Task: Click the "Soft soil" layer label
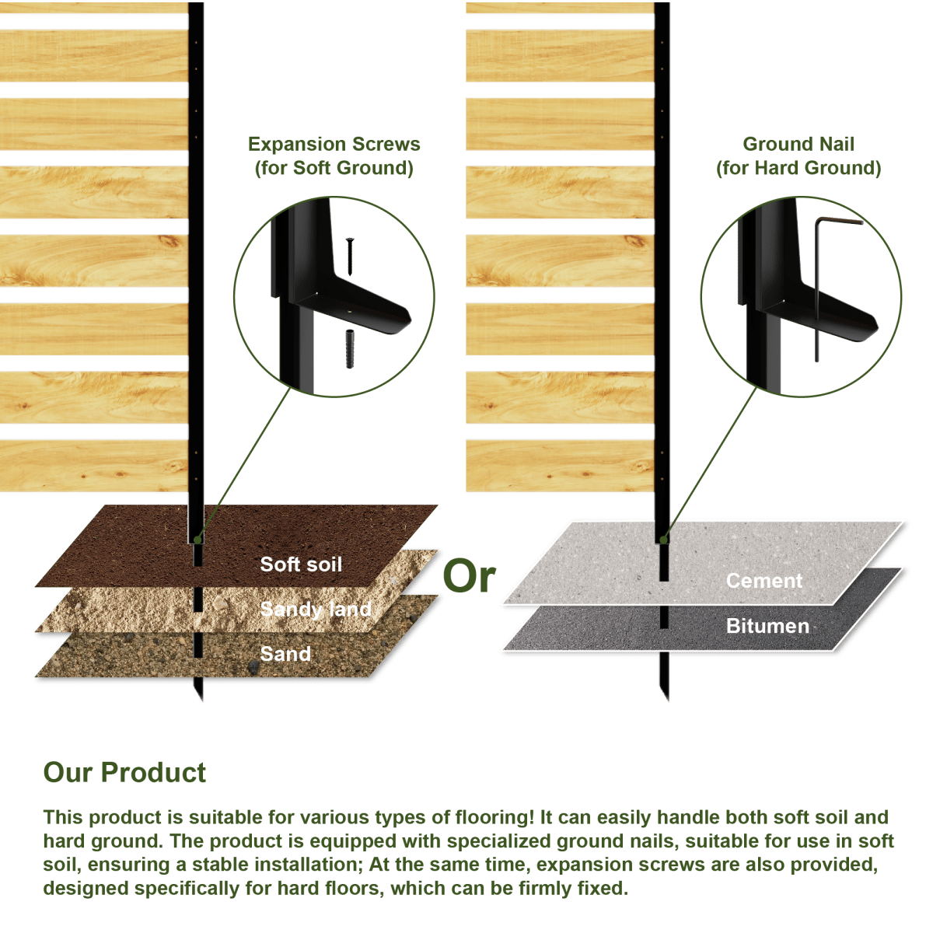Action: point(301,564)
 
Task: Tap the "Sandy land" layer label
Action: point(316,609)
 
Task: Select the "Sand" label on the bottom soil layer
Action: point(285,654)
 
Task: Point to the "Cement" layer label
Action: point(764,581)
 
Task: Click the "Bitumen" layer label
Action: point(768,627)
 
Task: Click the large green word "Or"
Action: point(469,576)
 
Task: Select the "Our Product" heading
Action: point(125,772)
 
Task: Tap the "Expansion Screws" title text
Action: point(334,145)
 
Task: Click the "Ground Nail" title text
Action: point(798,144)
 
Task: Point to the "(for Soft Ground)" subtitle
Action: point(334,168)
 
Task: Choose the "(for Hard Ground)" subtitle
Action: point(799,168)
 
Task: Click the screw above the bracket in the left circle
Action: point(350,257)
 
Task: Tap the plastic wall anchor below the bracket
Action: point(350,349)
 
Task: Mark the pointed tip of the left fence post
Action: point(201,701)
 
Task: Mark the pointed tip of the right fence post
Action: point(668,701)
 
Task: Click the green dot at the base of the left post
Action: point(197,540)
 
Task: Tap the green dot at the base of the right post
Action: point(664,540)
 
